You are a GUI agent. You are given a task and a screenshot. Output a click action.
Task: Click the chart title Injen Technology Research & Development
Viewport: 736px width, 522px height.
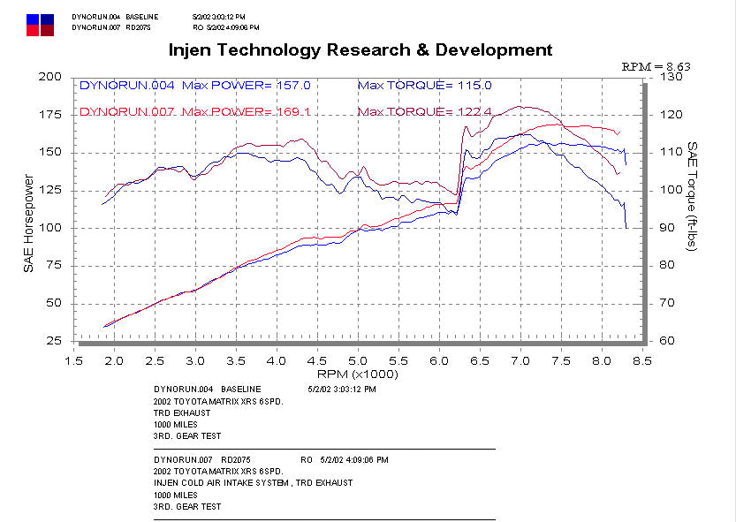[360, 49]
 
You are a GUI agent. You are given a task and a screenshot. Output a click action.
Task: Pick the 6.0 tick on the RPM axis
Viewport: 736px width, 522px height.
[438, 361]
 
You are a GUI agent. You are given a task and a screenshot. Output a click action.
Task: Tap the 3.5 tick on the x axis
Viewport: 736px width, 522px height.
[236, 361]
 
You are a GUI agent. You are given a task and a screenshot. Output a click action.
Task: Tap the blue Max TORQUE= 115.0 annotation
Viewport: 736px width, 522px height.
[425, 86]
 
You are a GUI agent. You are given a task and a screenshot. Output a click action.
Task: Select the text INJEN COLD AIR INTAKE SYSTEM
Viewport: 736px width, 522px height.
[215, 483]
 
